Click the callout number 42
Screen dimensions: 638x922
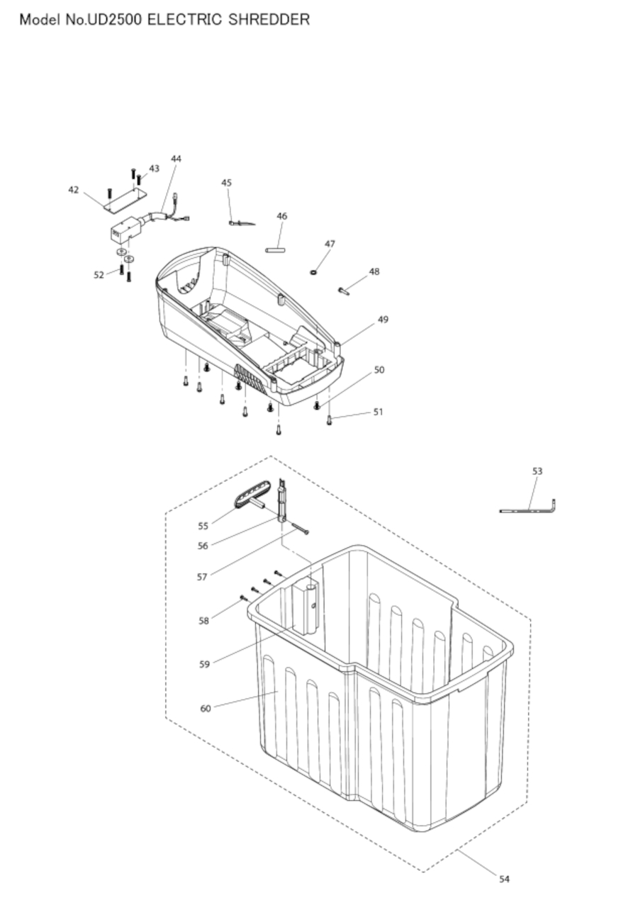coord(73,190)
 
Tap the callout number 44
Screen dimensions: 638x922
coord(177,159)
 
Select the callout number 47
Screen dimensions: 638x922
coord(330,244)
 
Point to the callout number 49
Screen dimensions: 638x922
coord(383,320)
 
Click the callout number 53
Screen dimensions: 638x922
coord(537,471)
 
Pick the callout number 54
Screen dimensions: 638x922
coord(504,879)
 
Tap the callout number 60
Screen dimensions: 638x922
coord(206,709)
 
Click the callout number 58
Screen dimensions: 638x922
coord(203,621)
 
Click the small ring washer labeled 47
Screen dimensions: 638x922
coord(313,272)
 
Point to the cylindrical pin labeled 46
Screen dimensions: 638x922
coord(275,249)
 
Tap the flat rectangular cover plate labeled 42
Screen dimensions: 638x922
coord(125,201)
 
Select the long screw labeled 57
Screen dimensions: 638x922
coord(300,529)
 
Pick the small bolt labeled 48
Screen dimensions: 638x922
coord(344,291)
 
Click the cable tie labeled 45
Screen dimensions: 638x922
coord(242,223)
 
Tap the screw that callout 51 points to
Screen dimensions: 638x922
coord(329,420)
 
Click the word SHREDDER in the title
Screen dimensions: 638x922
coord(269,19)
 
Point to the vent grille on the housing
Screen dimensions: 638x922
coord(250,378)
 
